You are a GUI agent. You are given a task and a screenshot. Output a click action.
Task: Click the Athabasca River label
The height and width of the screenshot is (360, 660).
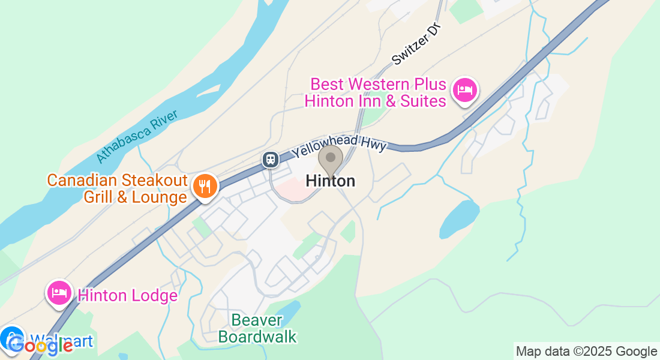[137, 136]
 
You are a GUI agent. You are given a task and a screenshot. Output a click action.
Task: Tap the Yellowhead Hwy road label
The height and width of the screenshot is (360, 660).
[340, 145]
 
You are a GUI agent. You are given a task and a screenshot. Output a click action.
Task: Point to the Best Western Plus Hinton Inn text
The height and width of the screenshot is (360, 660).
[376, 92]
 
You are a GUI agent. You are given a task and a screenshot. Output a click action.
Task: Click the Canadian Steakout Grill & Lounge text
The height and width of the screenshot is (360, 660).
[117, 188]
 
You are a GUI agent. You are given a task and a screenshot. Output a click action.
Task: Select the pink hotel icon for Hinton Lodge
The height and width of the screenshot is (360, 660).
[59, 293]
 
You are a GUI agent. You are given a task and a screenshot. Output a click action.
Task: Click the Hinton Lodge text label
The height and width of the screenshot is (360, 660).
[128, 295]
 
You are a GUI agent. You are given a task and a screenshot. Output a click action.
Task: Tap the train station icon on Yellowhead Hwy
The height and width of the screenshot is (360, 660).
[271, 159]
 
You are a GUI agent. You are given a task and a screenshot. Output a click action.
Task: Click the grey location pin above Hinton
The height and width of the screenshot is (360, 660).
[330, 159]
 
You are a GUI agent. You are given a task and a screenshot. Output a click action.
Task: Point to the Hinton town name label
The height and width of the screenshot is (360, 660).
[330, 181]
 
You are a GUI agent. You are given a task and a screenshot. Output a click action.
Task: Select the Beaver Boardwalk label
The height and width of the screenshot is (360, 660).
[257, 328]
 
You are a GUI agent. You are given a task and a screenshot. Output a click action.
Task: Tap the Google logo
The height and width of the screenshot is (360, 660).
[40, 345]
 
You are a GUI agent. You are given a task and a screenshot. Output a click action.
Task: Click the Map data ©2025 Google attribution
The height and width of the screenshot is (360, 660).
[586, 352]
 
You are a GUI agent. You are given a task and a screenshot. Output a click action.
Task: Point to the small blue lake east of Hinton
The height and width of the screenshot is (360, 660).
[460, 219]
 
